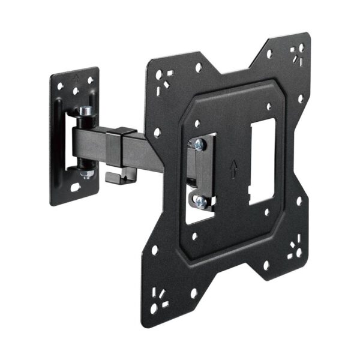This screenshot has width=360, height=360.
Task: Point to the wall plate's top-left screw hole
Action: click(61, 86)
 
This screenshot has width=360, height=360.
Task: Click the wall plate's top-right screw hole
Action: click(91, 80)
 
